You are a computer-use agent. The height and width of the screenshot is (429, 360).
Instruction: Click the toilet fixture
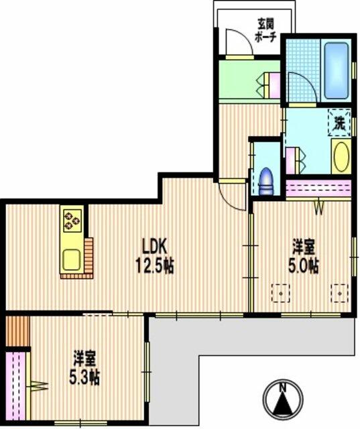coord(266,182)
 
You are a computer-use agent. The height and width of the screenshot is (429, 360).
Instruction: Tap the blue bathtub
coord(336,70)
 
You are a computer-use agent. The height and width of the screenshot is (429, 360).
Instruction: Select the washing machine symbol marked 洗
coord(339,123)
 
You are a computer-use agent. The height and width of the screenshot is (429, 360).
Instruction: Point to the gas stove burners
coord(72,221)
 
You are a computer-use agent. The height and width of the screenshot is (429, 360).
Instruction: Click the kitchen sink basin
coord(72,260)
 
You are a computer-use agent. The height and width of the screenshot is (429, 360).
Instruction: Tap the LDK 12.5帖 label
coord(155,256)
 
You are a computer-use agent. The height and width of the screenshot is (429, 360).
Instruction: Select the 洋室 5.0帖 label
coord(304,256)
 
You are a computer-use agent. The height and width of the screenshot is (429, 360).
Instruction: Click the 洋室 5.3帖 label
coord(84,367)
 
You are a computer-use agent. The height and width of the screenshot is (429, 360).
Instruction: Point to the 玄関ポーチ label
coord(265,30)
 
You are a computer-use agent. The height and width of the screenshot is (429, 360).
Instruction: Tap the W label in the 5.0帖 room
coord(318,209)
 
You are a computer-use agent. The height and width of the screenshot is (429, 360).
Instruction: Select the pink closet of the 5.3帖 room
coord(15,386)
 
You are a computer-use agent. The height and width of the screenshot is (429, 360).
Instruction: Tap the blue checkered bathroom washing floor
coord(303,70)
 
